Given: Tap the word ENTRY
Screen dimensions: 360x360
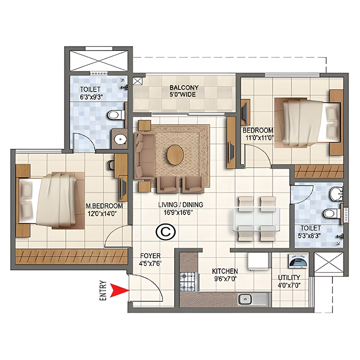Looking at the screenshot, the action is coord(103,291).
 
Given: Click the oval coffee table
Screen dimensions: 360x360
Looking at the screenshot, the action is coord(175,155).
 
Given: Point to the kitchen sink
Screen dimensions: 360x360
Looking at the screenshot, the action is coord(244,299).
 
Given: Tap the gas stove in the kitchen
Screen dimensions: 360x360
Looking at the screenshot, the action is coord(188,282).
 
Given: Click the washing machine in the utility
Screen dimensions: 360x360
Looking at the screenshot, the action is coord(298,261).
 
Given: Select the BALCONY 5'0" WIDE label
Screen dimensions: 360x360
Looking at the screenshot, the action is coord(184,91).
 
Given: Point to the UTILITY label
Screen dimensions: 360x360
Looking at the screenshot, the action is coord(289,278).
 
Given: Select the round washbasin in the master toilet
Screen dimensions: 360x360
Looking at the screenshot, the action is coord(120,138).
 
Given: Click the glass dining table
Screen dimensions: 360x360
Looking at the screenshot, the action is coord(257,219).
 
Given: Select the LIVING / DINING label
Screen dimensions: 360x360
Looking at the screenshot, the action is coord(181,205).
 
